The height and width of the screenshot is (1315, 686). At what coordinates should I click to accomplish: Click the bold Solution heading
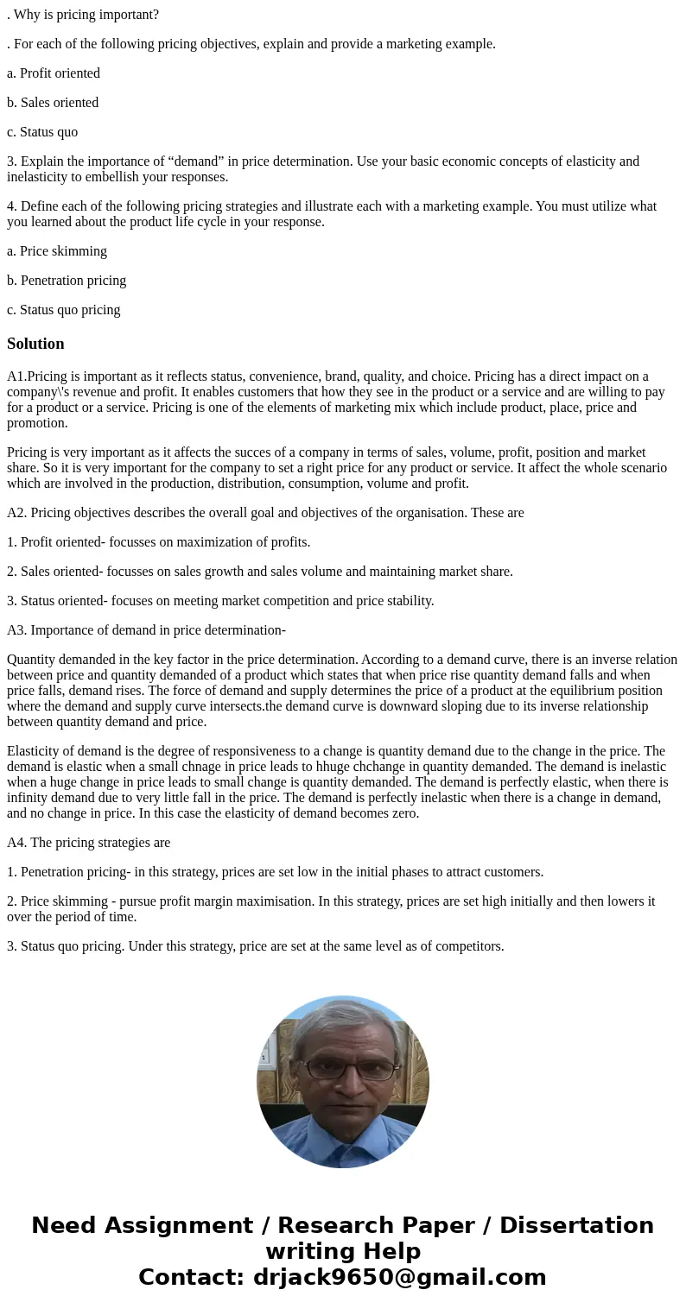tap(35, 344)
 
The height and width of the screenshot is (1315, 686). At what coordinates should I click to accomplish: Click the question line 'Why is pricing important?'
tap(86, 15)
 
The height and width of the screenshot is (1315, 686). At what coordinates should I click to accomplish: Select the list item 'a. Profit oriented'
tap(54, 73)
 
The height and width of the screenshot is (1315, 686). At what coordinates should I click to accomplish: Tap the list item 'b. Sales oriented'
tap(53, 103)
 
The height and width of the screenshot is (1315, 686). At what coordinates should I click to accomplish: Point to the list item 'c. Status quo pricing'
tap(64, 310)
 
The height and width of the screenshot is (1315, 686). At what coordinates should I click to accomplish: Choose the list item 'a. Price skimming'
tap(57, 251)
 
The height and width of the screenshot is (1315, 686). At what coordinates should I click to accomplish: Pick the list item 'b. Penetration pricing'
tap(67, 281)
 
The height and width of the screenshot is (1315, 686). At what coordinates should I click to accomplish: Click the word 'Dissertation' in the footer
tap(576, 1225)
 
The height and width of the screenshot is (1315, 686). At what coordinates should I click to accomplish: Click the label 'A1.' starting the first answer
tap(17, 376)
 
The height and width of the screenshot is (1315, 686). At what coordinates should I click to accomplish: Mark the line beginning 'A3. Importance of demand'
tap(146, 630)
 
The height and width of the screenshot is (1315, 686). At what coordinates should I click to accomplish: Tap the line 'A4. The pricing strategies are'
tap(88, 843)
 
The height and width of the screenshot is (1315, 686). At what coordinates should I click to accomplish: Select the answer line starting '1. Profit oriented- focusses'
tap(158, 542)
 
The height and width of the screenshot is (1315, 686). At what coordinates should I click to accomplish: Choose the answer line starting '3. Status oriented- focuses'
tap(220, 601)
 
